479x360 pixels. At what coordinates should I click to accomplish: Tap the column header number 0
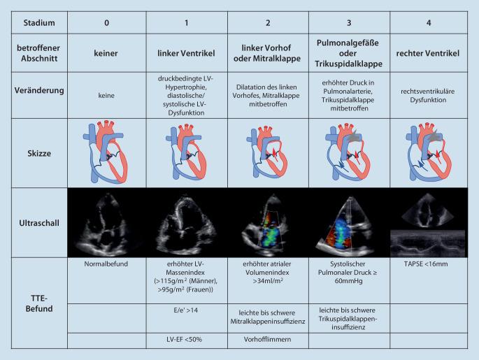(x=106, y=22)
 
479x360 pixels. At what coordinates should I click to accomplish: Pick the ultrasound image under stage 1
(x=186, y=222)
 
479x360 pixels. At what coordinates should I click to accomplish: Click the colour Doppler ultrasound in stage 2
(x=267, y=223)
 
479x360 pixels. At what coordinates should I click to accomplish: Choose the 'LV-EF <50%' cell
(x=186, y=340)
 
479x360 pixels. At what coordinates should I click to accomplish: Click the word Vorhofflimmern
(x=267, y=340)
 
